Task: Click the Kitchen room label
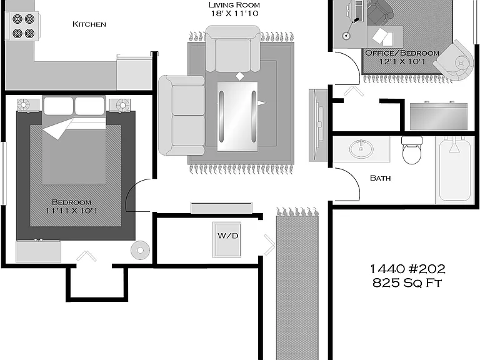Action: coord(89,24)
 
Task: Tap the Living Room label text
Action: coord(234,5)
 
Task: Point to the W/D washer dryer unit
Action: coord(227,240)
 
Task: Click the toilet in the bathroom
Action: coord(412,150)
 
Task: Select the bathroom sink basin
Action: coord(361,149)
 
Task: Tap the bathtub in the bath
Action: coord(454,170)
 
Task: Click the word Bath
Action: coord(380,178)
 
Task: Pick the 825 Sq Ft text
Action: coord(407,283)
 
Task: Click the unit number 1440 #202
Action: coord(407,269)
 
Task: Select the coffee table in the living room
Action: coord(237,116)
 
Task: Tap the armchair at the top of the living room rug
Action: coord(232,49)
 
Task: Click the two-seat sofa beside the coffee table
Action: coord(181,116)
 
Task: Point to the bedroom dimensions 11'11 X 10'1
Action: coord(71,211)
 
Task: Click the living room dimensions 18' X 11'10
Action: coord(234,14)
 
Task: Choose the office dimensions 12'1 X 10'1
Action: coord(402,61)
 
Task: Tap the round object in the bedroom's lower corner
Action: coord(140,251)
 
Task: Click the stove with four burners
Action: coord(23,26)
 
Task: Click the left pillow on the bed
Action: coord(59,106)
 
